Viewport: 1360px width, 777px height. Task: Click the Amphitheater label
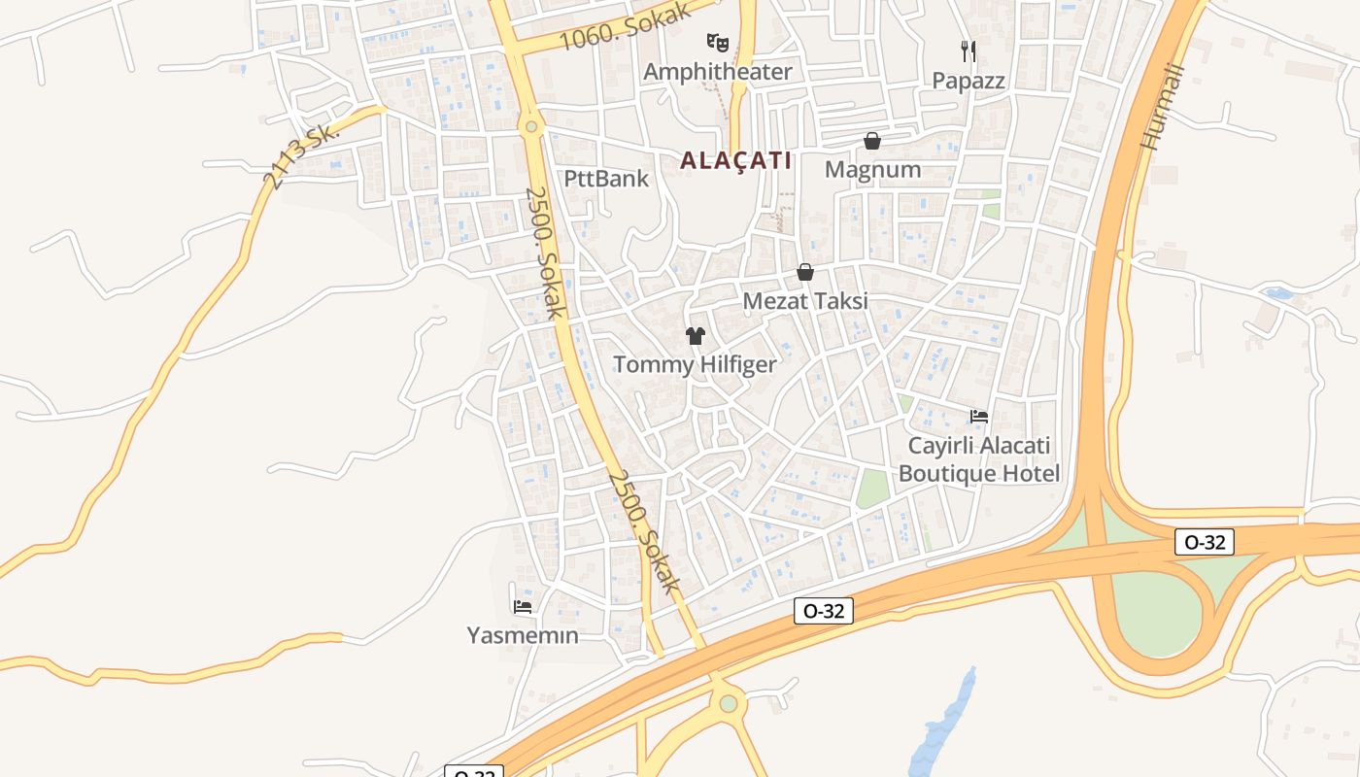pos(717,72)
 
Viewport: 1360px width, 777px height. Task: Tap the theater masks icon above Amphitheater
pos(717,42)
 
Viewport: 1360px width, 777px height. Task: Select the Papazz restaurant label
pos(969,81)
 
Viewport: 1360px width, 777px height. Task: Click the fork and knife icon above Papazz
pos(968,51)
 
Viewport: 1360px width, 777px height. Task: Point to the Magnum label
pos(872,170)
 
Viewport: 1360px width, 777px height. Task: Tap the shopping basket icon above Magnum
pos(872,141)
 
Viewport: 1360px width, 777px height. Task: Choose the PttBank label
pos(606,179)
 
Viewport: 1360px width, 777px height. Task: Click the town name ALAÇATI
pos(735,160)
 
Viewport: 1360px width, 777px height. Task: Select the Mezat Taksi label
pos(805,301)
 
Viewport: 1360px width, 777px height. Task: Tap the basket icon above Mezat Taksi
pos(805,273)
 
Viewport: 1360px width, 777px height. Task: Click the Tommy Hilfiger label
pos(695,365)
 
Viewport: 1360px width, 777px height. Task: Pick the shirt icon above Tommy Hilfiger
pos(695,336)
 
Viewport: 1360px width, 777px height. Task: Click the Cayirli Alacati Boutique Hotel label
pos(979,459)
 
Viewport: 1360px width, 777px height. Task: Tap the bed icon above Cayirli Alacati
pos(979,417)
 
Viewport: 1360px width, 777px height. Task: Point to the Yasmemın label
pos(523,636)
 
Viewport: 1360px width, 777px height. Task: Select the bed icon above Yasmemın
pos(523,607)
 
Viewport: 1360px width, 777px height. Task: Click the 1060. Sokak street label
pos(626,28)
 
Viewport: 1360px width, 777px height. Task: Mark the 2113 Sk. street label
pos(301,155)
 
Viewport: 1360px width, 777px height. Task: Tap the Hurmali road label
pos(1163,107)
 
